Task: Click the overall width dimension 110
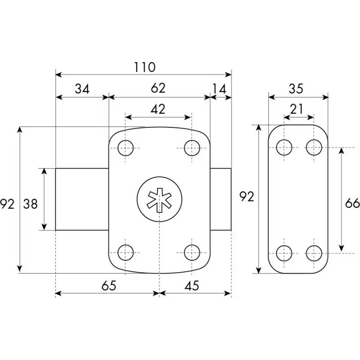tap(144, 67)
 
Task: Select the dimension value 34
tap(82, 89)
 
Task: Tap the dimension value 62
tap(158, 88)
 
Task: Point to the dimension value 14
tap(219, 89)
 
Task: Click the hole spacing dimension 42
tap(157, 109)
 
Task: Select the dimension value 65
tap(108, 285)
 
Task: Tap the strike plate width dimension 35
tap(296, 89)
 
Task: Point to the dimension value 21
tap(297, 108)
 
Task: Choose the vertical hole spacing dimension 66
tap(351, 203)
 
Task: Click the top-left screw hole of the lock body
tap(126, 147)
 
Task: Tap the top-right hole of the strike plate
tap(314, 147)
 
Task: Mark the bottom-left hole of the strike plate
tap(284, 253)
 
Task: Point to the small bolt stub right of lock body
tap(220, 199)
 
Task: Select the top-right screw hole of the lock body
tap(192, 147)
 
